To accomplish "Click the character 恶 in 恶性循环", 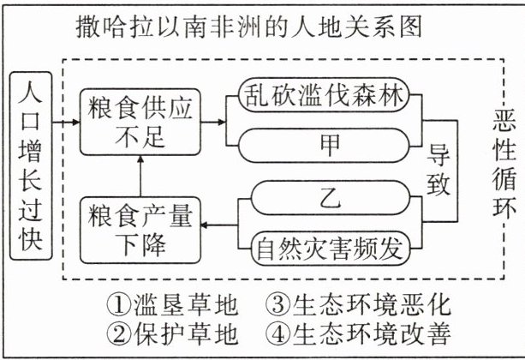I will point(499,122).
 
